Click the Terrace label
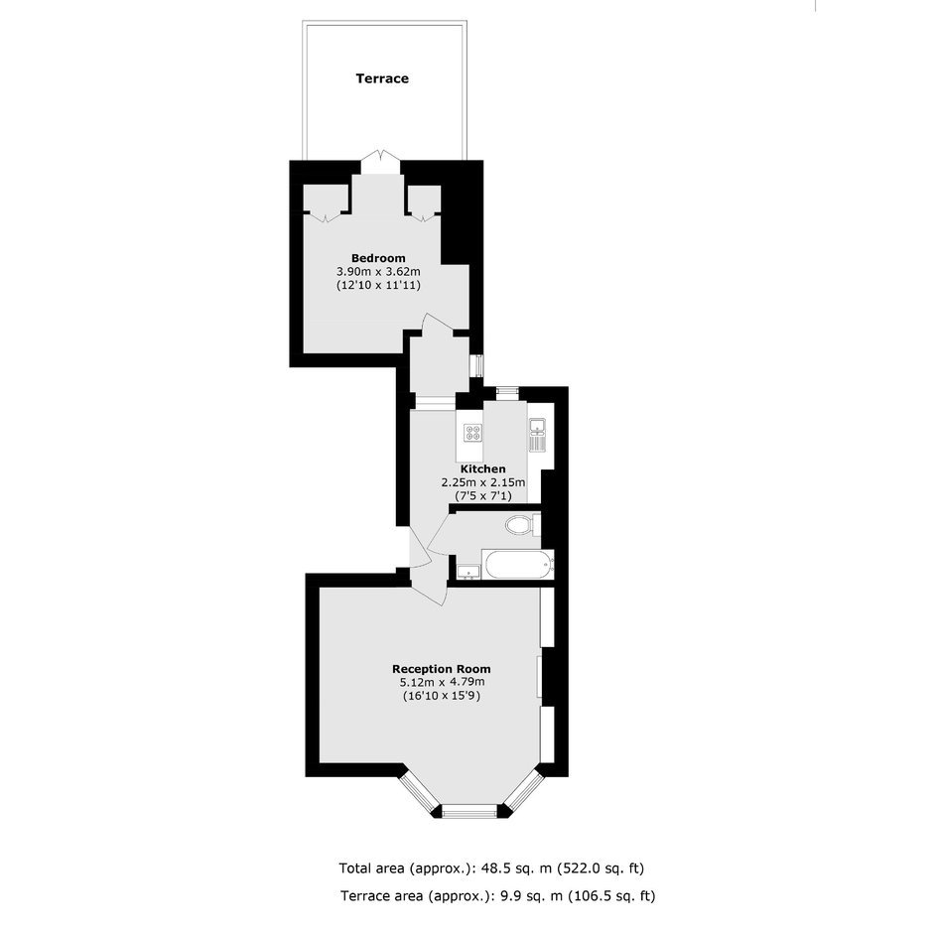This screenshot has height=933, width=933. coord(382,78)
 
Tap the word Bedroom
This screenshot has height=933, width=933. coord(378,258)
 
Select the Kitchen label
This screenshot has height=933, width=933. coord(483,468)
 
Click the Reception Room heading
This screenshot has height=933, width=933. coord(442,669)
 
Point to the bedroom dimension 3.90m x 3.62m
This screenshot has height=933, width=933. coord(378,272)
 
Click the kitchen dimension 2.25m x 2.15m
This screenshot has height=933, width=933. coord(483,482)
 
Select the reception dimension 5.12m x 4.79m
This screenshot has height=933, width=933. coord(442,683)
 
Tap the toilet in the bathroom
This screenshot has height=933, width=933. coord(522,525)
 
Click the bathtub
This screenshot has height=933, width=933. coord(518,564)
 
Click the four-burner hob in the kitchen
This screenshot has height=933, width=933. coord(473,434)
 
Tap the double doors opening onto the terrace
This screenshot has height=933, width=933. coord(381,162)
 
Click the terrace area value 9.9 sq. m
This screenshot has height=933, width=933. coord(529,895)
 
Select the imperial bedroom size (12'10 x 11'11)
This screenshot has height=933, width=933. coord(378,286)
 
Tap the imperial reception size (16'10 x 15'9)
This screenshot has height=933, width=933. coord(442,696)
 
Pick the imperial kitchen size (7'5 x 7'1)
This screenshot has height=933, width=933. coord(483,495)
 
